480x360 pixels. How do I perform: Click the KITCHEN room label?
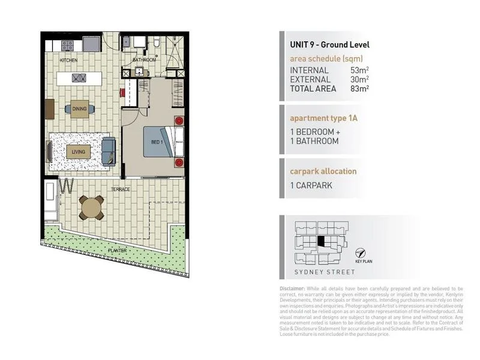[x=68, y=61]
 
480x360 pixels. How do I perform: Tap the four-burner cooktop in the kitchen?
[x=68, y=44]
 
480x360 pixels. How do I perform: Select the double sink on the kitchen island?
[x=79, y=77]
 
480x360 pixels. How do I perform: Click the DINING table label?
[x=79, y=109]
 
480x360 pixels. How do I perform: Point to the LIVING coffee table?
[x=79, y=152]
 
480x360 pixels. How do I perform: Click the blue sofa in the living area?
[x=109, y=152]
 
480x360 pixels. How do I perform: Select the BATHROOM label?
[x=144, y=60]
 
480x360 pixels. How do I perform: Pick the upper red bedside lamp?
[x=178, y=120]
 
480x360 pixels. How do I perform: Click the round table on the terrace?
[x=92, y=208]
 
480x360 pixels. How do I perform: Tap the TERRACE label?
[x=120, y=189]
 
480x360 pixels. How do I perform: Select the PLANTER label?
[x=117, y=250]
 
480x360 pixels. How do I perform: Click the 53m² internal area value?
[x=359, y=70]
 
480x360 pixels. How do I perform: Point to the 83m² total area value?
[x=359, y=88]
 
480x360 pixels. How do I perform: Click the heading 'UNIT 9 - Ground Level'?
[x=329, y=44]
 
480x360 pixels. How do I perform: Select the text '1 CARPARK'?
[x=312, y=185]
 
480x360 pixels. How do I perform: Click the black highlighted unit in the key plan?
[x=322, y=241]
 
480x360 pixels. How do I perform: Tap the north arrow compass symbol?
[x=360, y=253]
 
